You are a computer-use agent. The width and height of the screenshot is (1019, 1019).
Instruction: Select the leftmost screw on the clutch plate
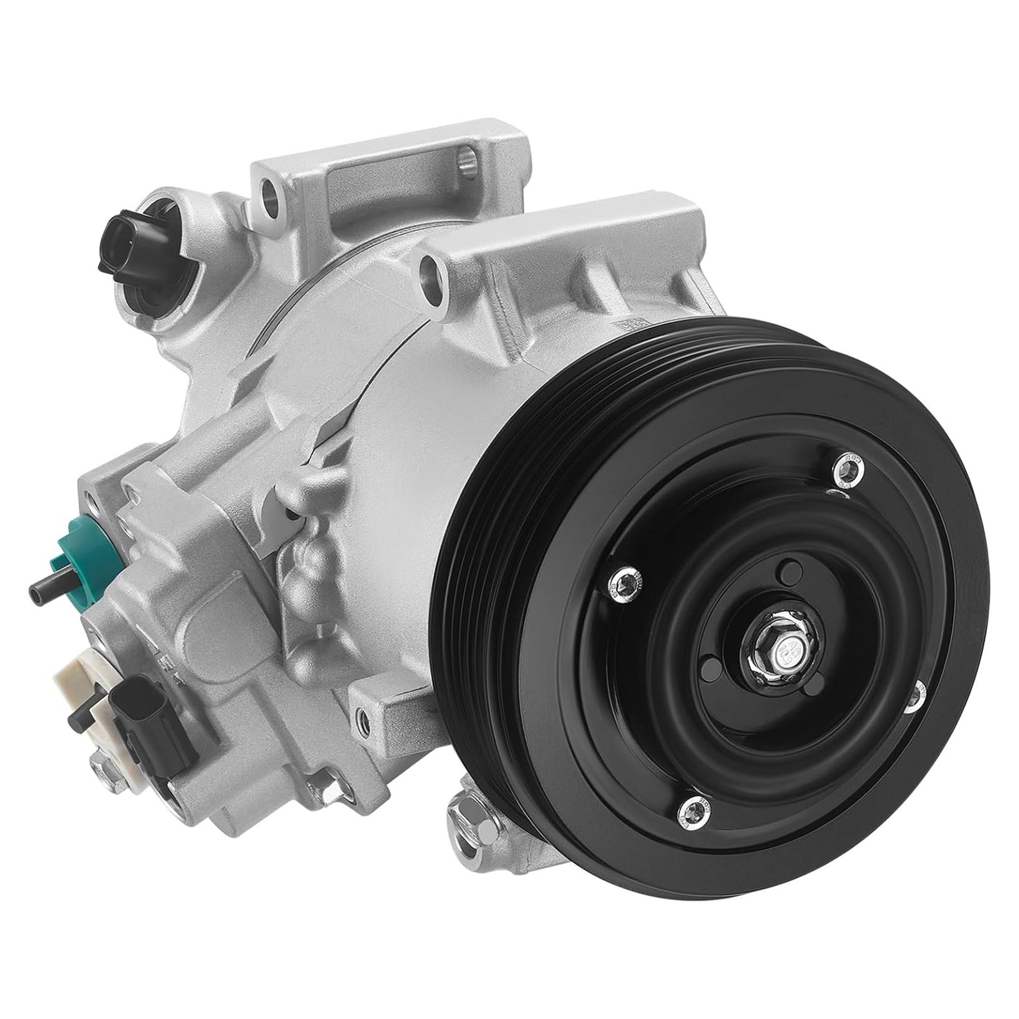[622, 581]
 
